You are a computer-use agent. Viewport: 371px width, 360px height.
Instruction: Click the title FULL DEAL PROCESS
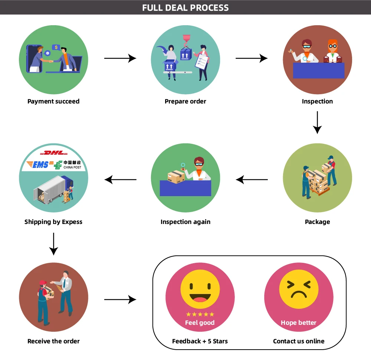tap(185, 7)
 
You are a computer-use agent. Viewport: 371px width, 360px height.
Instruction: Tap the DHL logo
tap(54, 153)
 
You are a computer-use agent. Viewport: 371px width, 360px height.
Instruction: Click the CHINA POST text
tap(72, 167)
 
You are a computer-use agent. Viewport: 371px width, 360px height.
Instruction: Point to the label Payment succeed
tap(53, 102)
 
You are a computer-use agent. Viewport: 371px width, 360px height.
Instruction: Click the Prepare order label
tap(185, 102)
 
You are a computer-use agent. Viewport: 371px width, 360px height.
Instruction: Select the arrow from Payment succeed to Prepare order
tap(120, 58)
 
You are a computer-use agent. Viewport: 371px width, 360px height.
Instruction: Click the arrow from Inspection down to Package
tap(317, 122)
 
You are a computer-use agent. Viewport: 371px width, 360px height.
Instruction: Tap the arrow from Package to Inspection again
tap(252, 180)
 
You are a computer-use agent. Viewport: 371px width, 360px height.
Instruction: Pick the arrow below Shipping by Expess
tap(54, 244)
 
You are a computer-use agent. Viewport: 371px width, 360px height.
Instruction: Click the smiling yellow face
tap(200, 289)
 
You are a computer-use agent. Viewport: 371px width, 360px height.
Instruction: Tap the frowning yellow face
tap(299, 289)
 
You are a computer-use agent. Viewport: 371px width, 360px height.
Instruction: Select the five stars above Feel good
tap(200, 314)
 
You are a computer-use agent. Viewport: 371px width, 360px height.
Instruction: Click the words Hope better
tap(299, 323)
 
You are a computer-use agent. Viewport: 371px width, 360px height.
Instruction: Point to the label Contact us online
tap(299, 341)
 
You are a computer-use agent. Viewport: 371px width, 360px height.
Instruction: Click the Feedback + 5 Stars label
tap(200, 341)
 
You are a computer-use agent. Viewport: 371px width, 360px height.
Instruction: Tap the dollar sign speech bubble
tap(56, 47)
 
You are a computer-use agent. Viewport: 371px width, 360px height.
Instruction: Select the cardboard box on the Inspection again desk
tap(176, 177)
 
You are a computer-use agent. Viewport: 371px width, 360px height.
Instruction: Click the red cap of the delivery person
tap(43, 283)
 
